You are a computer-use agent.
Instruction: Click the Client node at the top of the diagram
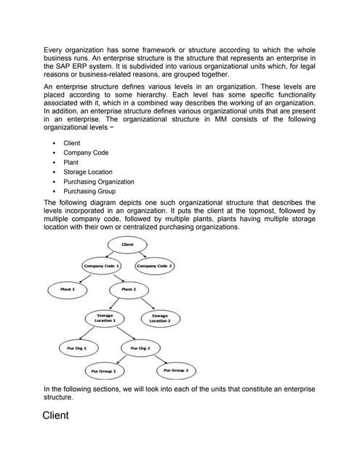click(x=127, y=245)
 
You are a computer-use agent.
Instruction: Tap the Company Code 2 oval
click(x=154, y=266)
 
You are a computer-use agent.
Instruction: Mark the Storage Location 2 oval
click(x=160, y=318)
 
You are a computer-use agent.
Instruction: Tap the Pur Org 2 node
click(x=140, y=348)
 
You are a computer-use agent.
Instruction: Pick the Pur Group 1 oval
click(x=105, y=371)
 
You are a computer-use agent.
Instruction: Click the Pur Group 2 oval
click(x=175, y=371)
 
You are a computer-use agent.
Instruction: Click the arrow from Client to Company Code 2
click(x=143, y=255)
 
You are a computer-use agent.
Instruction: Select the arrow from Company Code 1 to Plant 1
click(x=83, y=278)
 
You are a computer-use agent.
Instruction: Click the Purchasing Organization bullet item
click(x=98, y=182)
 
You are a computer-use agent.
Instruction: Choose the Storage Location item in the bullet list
click(x=87, y=172)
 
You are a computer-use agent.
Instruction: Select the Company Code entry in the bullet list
click(x=85, y=153)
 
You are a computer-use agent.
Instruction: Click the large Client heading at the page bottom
click(x=56, y=416)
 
